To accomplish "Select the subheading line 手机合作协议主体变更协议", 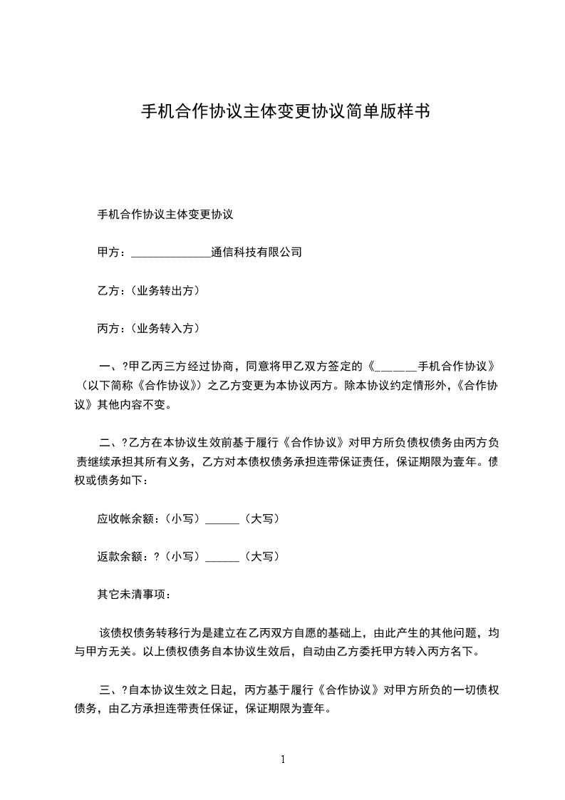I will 166,213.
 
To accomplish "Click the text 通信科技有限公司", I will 257,252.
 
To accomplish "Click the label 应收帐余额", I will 126,519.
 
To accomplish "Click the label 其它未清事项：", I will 133,594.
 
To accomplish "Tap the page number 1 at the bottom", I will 283,759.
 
